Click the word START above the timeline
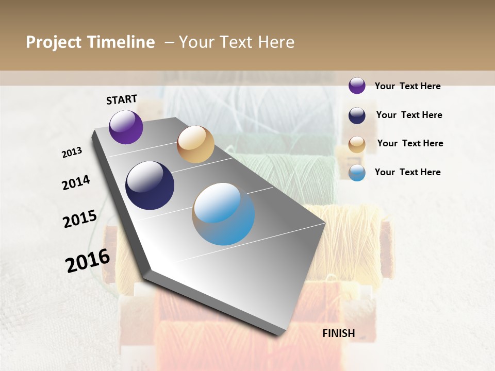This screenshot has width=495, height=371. pos(122,99)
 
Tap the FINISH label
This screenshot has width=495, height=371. pos(339,333)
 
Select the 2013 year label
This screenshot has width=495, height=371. pos(72,153)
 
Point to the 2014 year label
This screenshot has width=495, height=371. pos(76,182)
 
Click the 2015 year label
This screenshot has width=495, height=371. pos(80,218)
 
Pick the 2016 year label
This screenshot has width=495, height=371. pos(88,260)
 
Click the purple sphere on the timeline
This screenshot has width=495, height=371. pos(126,127)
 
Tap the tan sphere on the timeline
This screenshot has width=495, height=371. pos(195,144)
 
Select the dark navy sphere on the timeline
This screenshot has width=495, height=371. pos(150,185)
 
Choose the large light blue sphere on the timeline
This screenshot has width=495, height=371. pos(224,214)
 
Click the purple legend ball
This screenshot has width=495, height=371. pos(357,86)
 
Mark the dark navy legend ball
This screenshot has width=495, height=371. pos(357,115)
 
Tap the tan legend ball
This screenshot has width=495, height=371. pos(357,144)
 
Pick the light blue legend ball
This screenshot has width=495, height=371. pos(357,173)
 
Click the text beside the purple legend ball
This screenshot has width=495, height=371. pos(407,86)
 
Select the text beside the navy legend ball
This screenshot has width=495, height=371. pos(409,115)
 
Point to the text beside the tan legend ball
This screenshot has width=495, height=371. pos(410,143)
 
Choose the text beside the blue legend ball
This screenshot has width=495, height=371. pos(407,172)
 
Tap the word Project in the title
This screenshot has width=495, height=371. pos(54,42)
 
